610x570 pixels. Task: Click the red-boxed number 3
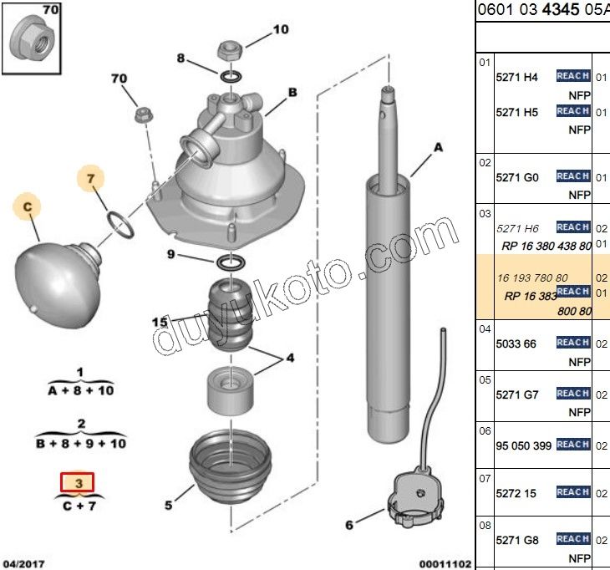pyautogui.click(x=78, y=483)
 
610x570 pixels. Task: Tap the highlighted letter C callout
pyautogui.click(x=28, y=206)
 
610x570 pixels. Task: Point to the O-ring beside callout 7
pyautogui.click(x=120, y=224)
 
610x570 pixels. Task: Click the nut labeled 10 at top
pyautogui.click(x=231, y=49)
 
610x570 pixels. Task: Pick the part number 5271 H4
pyautogui.click(x=517, y=78)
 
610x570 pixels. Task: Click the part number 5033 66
pyautogui.click(x=517, y=344)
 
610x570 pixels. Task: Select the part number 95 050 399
pyautogui.click(x=525, y=445)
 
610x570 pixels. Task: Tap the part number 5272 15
pyautogui.click(x=517, y=493)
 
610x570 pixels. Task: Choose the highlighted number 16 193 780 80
pyautogui.click(x=533, y=277)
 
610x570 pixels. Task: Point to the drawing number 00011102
pyautogui.click(x=445, y=564)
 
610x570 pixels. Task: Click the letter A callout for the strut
pyautogui.click(x=437, y=149)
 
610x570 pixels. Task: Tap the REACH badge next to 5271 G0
pyautogui.click(x=573, y=176)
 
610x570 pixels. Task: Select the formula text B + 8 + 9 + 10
pyautogui.click(x=81, y=443)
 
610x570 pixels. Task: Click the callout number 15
pyautogui.click(x=160, y=322)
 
